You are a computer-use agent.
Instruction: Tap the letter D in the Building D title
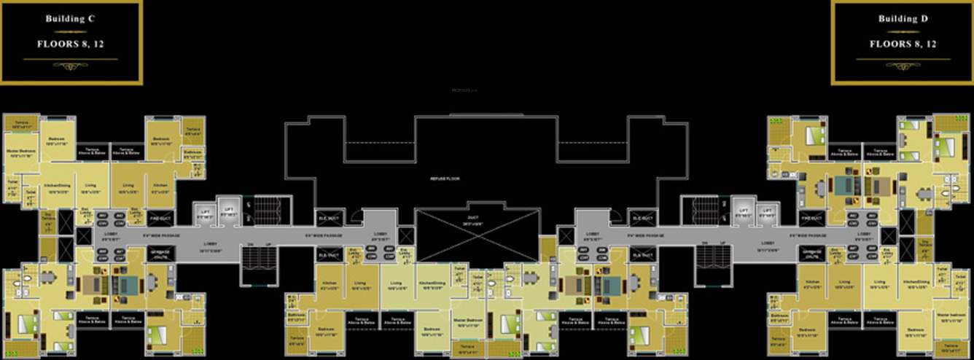tap(924, 19)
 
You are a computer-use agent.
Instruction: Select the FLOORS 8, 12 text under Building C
tap(71, 44)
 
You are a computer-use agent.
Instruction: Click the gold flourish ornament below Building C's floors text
tap(71, 66)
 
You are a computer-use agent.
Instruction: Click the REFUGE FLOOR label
tap(445, 179)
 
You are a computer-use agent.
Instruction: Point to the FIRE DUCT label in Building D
tap(811, 217)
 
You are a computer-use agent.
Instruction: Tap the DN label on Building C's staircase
tap(250, 243)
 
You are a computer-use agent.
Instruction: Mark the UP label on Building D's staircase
tap(722, 243)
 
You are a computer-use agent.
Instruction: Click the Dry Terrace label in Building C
tap(48, 219)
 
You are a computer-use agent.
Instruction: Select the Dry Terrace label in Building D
tap(924, 245)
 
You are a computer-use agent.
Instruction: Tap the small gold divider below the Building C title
tap(71, 32)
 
